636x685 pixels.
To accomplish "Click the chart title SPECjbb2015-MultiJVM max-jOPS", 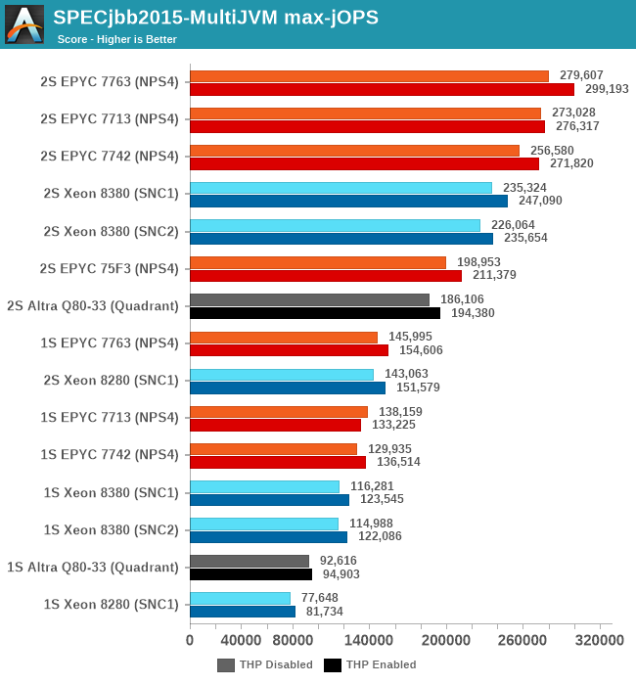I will [x=215, y=17].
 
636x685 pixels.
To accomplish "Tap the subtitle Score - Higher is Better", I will [x=116, y=39].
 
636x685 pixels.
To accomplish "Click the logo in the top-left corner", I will [x=24, y=23].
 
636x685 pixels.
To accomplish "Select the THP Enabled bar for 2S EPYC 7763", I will [x=382, y=89].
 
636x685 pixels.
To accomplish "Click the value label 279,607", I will [x=581, y=75].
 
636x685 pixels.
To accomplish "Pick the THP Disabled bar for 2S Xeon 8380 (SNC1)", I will [x=341, y=188].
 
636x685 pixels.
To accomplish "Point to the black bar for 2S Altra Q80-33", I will [x=315, y=313].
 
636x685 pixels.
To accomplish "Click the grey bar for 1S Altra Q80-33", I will [x=250, y=561].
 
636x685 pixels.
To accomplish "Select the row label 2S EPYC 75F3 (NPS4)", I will [x=110, y=268].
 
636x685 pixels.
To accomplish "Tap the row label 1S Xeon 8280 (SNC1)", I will [x=112, y=604].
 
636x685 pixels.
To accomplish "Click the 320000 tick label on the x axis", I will [x=599, y=640].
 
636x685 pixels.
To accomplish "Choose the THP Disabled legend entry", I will [x=265, y=665].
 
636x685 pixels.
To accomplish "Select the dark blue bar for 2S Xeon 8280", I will [x=288, y=388].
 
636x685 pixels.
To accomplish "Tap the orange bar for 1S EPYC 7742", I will [x=273, y=449].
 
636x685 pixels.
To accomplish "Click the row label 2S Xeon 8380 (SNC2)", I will [x=112, y=231].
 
